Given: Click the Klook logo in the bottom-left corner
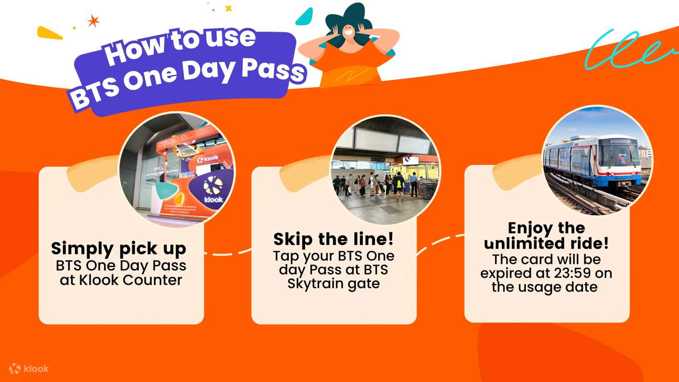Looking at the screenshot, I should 29,368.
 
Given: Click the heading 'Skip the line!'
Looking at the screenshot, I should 333,240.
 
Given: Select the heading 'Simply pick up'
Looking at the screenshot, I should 118,248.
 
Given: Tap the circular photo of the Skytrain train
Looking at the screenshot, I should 597,161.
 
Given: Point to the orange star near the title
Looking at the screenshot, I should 93,21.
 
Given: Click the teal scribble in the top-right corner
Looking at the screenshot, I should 629,50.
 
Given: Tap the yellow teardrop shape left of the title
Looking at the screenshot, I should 49,33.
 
